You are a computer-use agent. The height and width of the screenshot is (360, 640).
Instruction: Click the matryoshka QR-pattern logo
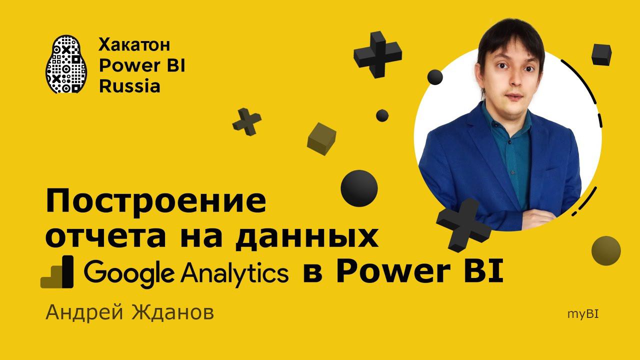66,64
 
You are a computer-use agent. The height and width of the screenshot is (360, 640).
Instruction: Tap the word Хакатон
134,45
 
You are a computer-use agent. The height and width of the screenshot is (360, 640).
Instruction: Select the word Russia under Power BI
129,86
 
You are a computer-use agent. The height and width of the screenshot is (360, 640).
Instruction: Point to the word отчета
105,237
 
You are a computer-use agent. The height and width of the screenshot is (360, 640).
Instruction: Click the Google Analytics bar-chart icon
57,271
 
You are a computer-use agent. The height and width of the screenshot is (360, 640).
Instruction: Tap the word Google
129,273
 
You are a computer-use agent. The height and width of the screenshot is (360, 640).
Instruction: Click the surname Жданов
173,312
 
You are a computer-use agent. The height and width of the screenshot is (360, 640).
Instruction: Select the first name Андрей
84,313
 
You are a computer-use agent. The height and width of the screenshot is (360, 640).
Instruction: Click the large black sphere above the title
359,188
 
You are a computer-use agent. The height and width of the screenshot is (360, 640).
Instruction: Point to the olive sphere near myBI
606,250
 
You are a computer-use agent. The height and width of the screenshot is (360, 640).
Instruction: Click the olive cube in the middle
321,139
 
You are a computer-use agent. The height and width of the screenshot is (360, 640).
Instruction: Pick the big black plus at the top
377,54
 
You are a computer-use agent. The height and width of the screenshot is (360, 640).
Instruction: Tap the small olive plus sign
247,122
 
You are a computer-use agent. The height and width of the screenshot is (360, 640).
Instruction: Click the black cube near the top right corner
601,55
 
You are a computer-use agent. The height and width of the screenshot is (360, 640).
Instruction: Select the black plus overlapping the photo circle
463,225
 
